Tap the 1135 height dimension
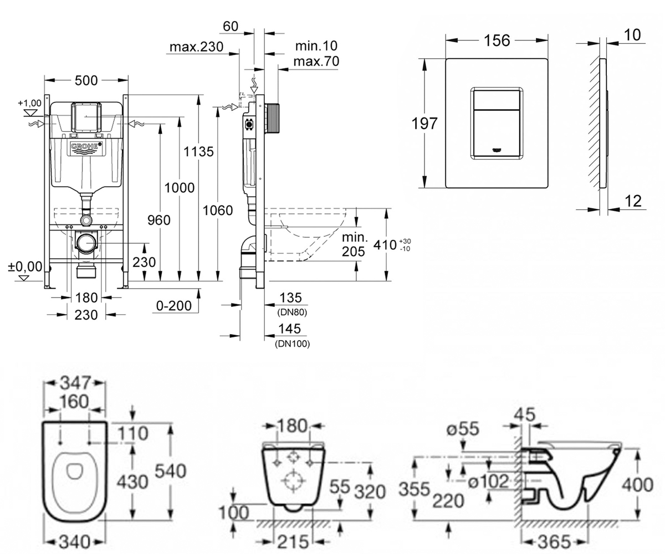tap(198, 152)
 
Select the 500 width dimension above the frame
tap(86, 80)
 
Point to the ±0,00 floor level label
tap(25, 266)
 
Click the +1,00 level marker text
tap(29, 103)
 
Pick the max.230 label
tap(197, 47)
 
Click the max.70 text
tap(316, 61)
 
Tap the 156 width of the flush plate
tap(497, 40)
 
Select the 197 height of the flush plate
tap(424, 124)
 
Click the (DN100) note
tap(293, 343)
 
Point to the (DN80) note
tap(292, 312)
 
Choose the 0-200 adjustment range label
tap(174, 306)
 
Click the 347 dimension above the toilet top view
tap(76, 383)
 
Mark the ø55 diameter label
tap(463, 429)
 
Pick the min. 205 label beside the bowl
tap(354, 244)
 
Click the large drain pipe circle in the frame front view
tap(86, 243)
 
